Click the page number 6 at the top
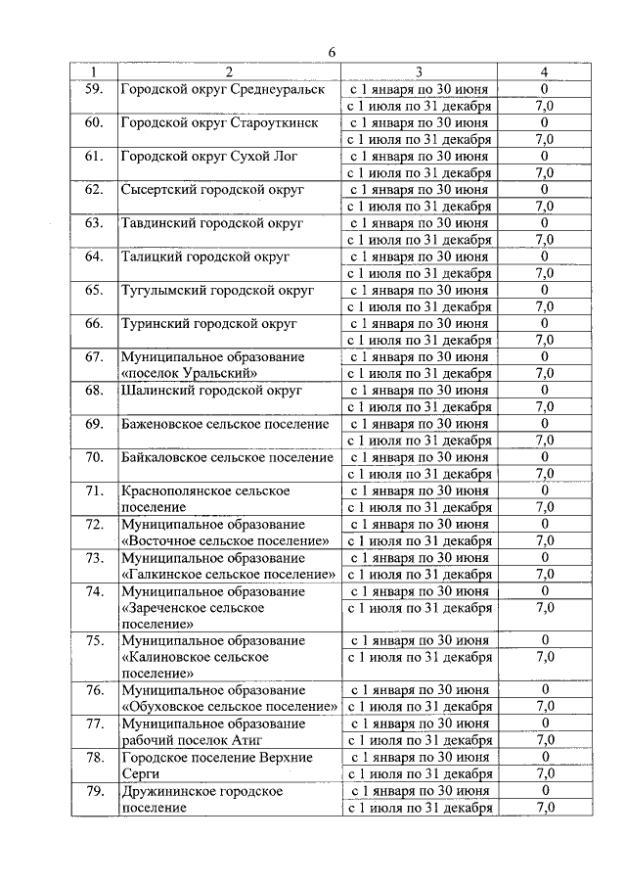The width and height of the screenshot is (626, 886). [332, 52]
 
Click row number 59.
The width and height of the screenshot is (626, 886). [94, 89]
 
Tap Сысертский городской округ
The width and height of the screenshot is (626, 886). [212, 189]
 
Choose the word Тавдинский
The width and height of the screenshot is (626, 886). [158, 222]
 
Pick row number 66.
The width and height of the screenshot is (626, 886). [94, 323]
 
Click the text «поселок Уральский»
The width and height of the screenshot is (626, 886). [189, 373]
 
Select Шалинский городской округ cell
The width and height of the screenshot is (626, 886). [211, 390]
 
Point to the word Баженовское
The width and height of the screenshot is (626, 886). [163, 423]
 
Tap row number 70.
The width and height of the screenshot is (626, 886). [94, 457]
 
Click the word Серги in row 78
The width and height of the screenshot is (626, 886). [140, 773]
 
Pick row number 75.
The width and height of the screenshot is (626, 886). [94, 640]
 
